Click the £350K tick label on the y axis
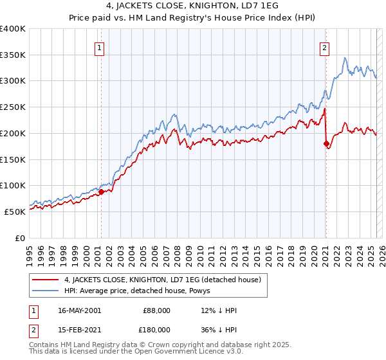[13, 55]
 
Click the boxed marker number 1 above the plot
[100, 47]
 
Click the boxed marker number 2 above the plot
[325, 47]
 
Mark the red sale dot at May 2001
[102, 192]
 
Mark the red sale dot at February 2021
[326, 143]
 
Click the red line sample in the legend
[46, 280]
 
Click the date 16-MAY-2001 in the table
[79, 310]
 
